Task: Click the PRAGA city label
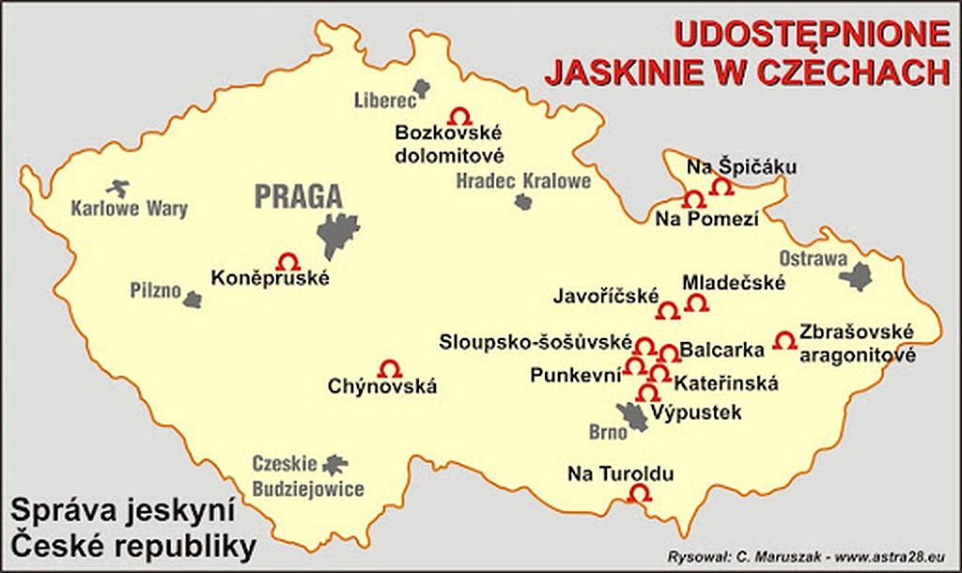[298, 197]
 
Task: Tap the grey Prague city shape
[337, 234]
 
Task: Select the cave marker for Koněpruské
[288, 261]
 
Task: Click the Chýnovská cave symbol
[389, 368]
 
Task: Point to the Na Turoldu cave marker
[639, 492]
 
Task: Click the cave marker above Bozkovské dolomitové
[460, 116]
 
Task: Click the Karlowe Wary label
[130, 209]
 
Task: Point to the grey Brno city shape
[633, 415]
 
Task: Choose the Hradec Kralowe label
[523, 179]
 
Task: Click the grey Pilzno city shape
[193, 300]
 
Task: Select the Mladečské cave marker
[696, 302]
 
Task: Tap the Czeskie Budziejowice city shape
[334, 463]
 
